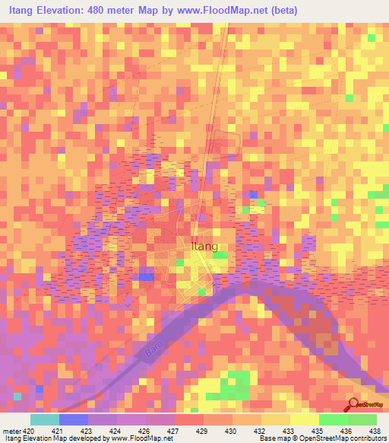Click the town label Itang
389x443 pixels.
(x=202, y=246)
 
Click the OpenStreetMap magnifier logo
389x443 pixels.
(x=352, y=405)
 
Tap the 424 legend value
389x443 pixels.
(x=112, y=430)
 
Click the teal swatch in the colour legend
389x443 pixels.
(x=44, y=419)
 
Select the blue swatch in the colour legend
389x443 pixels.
(x=73, y=419)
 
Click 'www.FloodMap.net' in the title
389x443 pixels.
(x=225, y=10)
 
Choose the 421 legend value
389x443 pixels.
(x=56, y=430)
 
